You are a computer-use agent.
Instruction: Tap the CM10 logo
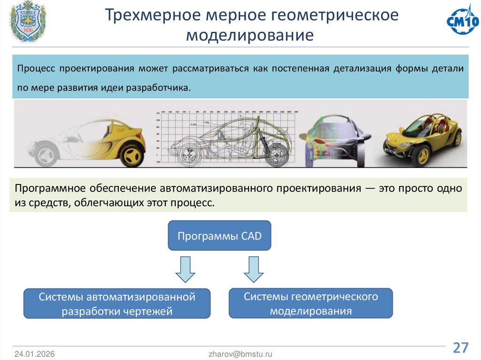point(462,21)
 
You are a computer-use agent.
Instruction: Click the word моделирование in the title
point(249,35)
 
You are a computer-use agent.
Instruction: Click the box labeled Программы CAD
point(219,235)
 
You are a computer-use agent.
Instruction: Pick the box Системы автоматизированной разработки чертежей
point(117,304)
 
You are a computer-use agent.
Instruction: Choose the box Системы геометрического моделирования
point(310,303)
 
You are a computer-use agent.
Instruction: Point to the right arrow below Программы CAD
point(254,269)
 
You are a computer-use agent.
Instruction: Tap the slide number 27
point(460,348)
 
